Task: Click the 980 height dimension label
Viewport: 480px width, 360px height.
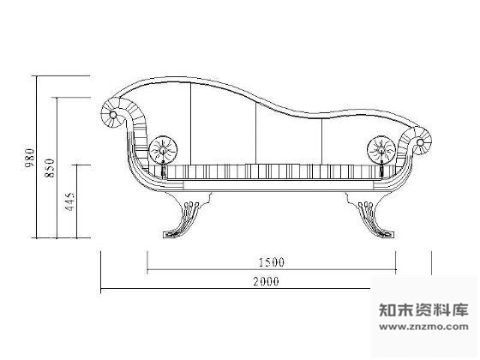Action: (x=30, y=158)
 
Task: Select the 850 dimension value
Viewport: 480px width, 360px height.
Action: (x=50, y=168)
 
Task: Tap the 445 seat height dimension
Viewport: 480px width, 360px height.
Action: (x=69, y=201)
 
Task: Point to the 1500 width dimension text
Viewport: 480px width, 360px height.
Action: (x=272, y=262)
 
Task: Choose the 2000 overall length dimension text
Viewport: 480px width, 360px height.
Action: (x=266, y=281)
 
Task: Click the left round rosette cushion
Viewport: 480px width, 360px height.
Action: (x=163, y=150)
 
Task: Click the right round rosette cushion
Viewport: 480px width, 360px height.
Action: (x=381, y=150)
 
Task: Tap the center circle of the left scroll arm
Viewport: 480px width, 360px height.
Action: (x=112, y=115)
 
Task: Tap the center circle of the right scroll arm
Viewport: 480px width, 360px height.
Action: (x=420, y=142)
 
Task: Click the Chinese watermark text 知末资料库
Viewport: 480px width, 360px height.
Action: (x=423, y=309)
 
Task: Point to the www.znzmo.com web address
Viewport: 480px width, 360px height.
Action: (x=423, y=327)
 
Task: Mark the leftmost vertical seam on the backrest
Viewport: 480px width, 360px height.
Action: (x=190, y=123)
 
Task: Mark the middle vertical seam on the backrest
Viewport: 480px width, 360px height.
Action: (x=256, y=133)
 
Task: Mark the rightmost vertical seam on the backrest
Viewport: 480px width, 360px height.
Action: (x=322, y=141)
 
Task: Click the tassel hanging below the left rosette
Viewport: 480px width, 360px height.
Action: (x=164, y=169)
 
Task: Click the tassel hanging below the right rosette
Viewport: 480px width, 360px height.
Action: (x=381, y=169)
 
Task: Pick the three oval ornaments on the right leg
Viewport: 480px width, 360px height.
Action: (x=366, y=205)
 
